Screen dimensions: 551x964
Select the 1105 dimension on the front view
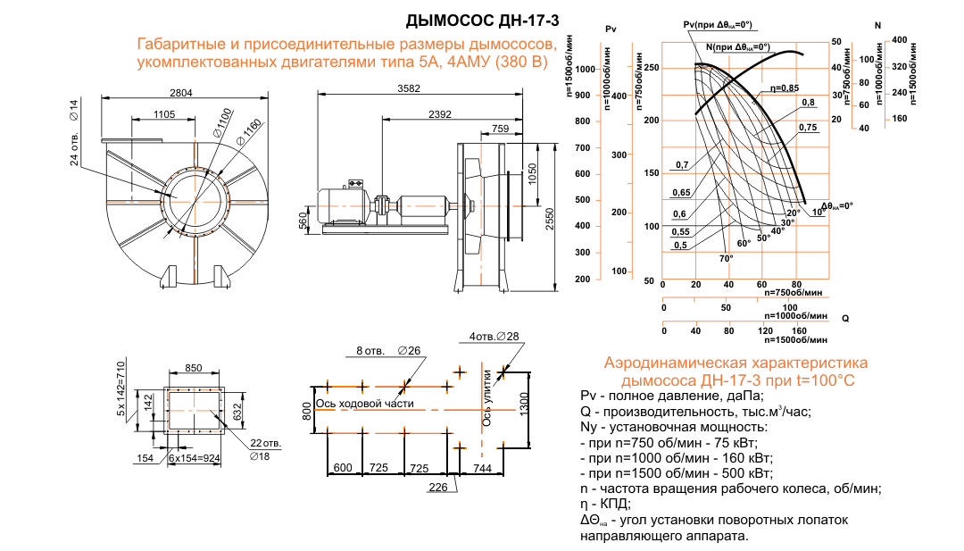[163, 114]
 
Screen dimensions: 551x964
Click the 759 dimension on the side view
[501, 129]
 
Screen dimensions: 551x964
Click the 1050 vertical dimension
[532, 171]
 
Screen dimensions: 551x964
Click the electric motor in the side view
[343, 203]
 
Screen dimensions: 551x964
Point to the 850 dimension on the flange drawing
[193, 368]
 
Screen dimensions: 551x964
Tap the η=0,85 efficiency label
[785, 88]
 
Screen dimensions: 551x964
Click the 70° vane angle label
[726, 259]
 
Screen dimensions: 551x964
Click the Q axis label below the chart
[844, 318]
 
